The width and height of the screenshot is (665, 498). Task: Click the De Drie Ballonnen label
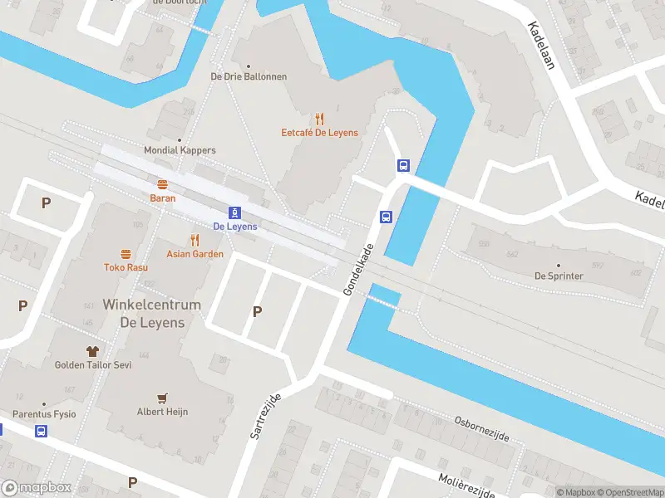point(249,76)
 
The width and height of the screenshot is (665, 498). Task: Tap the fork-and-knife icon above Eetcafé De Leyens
point(319,120)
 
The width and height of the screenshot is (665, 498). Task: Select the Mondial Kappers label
point(180,150)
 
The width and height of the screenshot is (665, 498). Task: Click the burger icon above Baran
point(162,185)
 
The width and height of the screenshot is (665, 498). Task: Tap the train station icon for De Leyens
point(235,212)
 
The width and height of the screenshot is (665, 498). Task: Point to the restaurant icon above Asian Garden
point(195,240)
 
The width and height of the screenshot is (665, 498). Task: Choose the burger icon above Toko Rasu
point(126,254)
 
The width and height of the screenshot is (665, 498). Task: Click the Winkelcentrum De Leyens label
point(151,314)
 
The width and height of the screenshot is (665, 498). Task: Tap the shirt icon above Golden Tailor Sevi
point(92,351)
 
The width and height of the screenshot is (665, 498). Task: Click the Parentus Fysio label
point(44,414)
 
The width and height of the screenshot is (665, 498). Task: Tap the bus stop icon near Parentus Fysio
point(41,431)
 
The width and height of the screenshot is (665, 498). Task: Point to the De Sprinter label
point(559,276)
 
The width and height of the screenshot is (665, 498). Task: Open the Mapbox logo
point(37,488)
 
